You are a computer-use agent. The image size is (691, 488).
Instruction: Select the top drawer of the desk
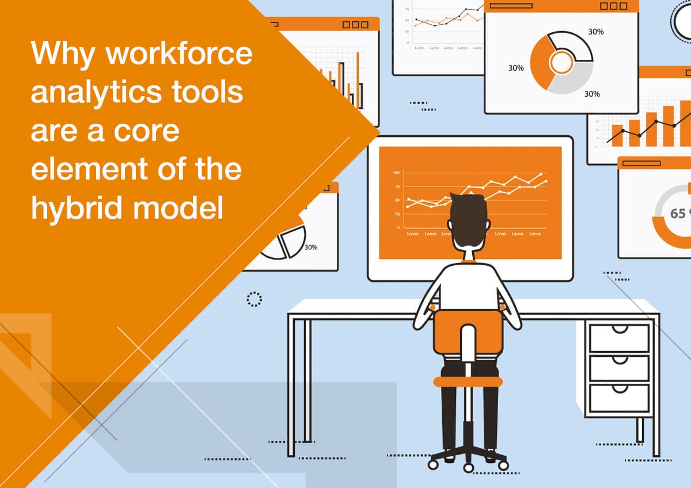click(619, 337)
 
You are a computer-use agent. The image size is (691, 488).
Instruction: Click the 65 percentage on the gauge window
click(678, 213)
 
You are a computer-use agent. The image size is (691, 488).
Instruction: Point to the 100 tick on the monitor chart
click(396, 173)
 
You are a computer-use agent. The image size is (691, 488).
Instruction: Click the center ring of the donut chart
click(561, 62)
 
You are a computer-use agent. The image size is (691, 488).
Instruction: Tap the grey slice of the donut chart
click(570, 81)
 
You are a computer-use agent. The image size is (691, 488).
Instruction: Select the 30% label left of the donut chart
click(516, 68)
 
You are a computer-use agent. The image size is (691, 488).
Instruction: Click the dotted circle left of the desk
click(254, 299)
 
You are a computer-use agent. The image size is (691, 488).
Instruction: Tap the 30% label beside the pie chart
click(311, 247)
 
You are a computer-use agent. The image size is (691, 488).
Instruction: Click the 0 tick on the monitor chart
click(398, 228)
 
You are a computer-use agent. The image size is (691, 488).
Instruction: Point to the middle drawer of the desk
click(619, 368)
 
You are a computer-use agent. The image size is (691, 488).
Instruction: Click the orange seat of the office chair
click(468, 381)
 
